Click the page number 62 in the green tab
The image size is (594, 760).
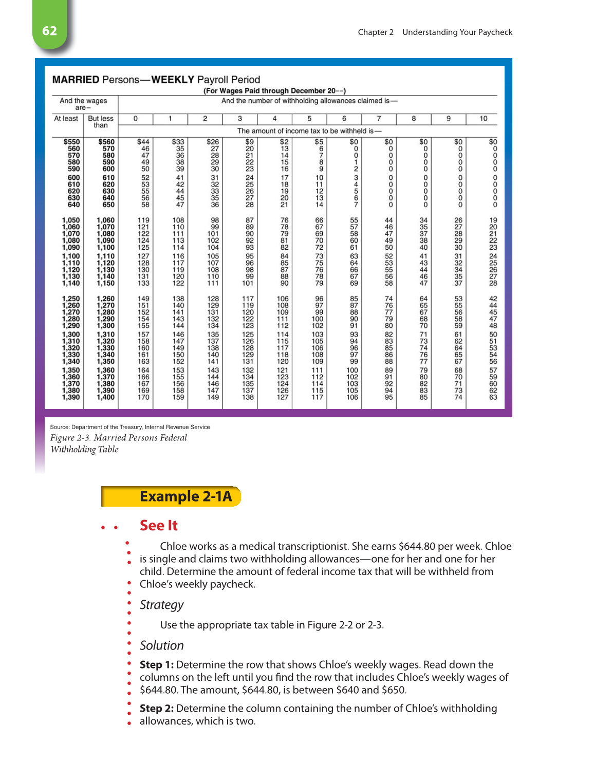click(x=49, y=31)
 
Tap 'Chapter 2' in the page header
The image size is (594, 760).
click(x=376, y=32)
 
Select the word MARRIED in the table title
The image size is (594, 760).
click(x=76, y=80)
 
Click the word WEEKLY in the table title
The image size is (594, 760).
click(x=173, y=80)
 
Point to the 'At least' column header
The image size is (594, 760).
click(x=66, y=119)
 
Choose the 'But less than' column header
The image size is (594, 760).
click(x=101, y=122)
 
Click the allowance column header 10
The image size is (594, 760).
click(x=483, y=119)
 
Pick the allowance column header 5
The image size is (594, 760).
click(x=309, y=119)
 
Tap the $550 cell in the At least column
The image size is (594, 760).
click(x=71, y=142)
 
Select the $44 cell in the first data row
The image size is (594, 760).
click(x=143, y=142)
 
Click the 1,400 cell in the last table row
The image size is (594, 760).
click(x=105, y=397)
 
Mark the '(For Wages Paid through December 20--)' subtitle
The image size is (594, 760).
click(x=274, y=91)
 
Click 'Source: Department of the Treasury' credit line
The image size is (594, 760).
click(x=129, y=427)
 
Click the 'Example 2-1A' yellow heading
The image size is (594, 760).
click(x=185, y=496)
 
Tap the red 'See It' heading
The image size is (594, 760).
click(x=158, y=526)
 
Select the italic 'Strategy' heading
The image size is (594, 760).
click(x=161, y=605)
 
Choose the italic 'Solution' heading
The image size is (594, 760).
click(x=161, y=646)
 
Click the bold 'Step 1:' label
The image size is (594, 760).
click(x=156, y=665)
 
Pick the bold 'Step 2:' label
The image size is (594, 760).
click(x=156, y=709)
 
